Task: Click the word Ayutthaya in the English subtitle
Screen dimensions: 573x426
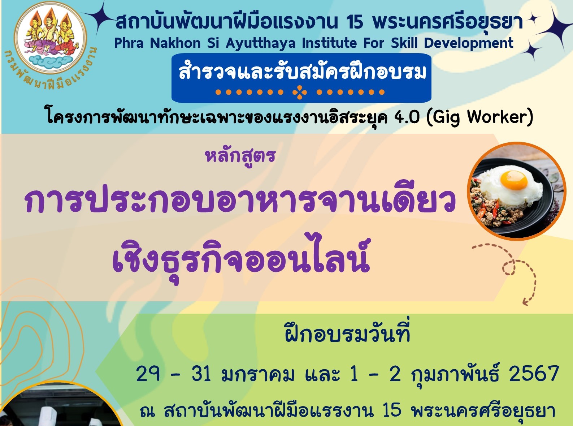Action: (260, 43)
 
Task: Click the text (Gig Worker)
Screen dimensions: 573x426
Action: (479, 118)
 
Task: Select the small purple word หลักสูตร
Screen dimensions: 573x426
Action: (240, 156)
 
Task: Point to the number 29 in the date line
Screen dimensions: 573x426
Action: (148, 374)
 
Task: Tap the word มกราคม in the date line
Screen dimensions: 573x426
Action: (257, 374)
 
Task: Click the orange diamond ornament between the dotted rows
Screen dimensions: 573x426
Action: (300, 92)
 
